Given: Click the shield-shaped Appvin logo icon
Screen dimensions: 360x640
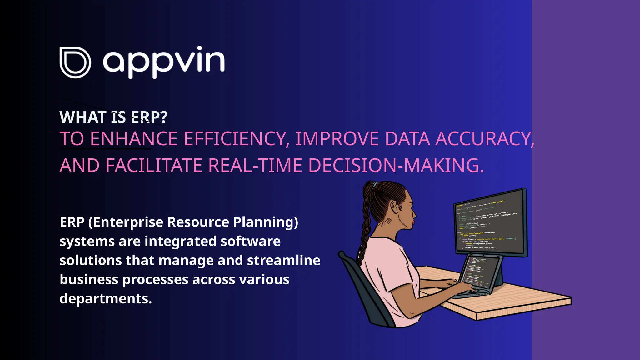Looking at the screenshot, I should pyautogui.click(x=75, y=62).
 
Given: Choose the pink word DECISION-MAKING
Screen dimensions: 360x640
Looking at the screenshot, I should pyautogui.click(x=396, y=165).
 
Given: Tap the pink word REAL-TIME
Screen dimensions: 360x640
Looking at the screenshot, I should pyautogui.click(x=255, y=165).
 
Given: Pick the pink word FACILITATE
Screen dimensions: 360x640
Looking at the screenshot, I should pyautogui.click(x=154, y=165).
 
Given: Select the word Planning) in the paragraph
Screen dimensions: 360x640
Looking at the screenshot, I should pyautogui.click(x=266, y=222).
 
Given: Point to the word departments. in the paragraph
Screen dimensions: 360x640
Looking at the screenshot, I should pyautogui.click(x=106, y=299).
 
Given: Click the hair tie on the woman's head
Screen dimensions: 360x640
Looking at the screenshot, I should pyautogui.click(x=374, y=184).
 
